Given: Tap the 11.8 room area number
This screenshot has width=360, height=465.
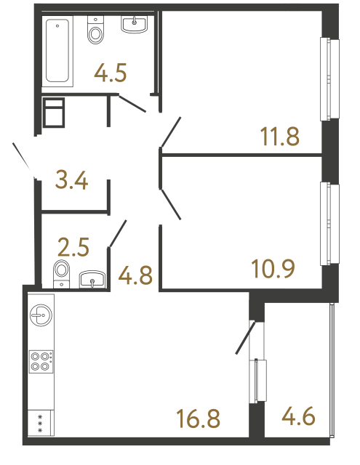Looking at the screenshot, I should click(x=280, y=136).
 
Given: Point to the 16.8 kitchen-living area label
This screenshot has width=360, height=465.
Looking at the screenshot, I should click(x=198, y=418).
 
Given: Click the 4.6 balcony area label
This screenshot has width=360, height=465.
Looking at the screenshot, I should click(x=299, y=418).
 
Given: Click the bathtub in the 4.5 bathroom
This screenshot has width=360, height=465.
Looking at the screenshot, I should click(x=58, y=51).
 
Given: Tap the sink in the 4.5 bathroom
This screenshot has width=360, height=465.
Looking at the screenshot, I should click(x=134, y=25).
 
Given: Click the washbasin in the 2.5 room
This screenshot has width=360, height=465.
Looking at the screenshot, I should click(x=92, y=279).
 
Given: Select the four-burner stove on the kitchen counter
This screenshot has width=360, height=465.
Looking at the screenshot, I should click(x=41, y=361).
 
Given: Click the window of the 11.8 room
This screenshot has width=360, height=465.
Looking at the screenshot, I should click(x=330, y=78).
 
